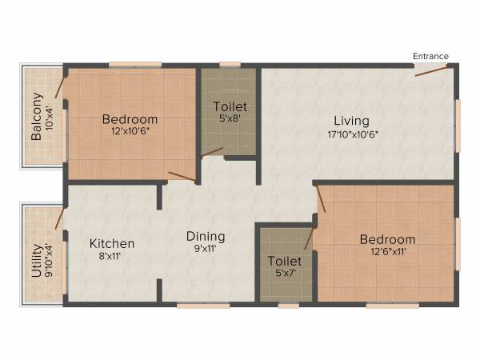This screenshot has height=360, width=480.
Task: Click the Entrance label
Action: click(x=430, y=56)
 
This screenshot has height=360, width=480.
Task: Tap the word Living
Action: click(x=351, y=121)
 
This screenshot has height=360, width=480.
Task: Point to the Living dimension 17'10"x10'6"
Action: click(x=351, y=134)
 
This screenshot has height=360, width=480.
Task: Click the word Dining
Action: click(x=206, y=237)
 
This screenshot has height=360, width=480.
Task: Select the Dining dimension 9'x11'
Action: click(x=206, y=249)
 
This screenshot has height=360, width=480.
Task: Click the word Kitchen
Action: click(x=112, y=243)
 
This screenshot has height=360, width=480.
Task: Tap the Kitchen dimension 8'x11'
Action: click(x=112, y=255)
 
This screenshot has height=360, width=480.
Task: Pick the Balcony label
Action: click(x=37, y=117)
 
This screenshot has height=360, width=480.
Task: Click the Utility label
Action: click(x=37, y=260)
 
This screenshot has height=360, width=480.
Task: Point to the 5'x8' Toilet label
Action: click(x=230, y=106)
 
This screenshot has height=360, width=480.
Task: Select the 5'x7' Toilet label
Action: click(x=284, y=261)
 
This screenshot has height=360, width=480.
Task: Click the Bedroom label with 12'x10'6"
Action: click(x=130, y=120)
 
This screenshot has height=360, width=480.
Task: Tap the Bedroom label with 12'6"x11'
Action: click(x=387, y=239)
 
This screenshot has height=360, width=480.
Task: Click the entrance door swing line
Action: click(x=431, y=70)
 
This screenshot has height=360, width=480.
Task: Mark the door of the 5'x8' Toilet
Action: click(x=212, y=151)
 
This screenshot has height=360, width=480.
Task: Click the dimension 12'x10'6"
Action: click(x=130, y=132)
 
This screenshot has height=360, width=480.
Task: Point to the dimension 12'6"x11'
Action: click(x=387, y=251)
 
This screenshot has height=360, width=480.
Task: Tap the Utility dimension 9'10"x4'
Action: click(x=49, y=260)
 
